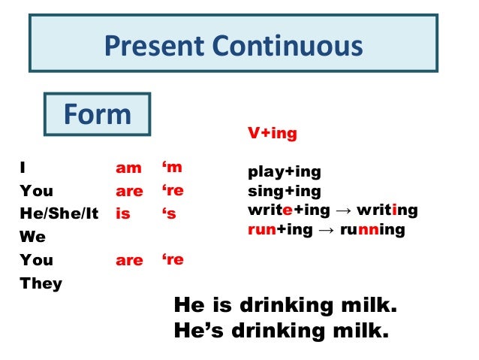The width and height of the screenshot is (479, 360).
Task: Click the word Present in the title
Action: click(x=154, y=46)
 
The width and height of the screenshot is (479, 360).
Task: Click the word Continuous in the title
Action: click(x=288, y=46)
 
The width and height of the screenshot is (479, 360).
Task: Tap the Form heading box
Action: click(x=97, y=113)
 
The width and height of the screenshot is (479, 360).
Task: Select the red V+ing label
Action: click(x=273, y=133)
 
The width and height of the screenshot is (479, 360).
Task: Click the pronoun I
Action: click(x=23, y=168)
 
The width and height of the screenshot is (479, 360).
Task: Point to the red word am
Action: click(x=128, y=168)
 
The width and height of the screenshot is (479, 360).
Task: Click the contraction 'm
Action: click(x=172, y=168)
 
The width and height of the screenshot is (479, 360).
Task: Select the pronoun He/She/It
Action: click(x=59, y=213)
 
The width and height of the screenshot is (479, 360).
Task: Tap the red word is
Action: click(x=123, y=213)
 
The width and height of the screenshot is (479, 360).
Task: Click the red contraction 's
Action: click(x=169, y=213)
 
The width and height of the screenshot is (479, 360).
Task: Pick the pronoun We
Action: click(x=33, y=237)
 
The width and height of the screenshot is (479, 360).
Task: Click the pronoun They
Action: click(x=41, y=283)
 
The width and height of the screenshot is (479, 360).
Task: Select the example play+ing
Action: click(x=285, y=172)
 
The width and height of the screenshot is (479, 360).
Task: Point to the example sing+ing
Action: click(x=285, y=192)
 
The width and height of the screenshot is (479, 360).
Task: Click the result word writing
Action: click(x=387, y=210)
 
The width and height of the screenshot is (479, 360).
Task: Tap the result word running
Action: click(x=372, y=230)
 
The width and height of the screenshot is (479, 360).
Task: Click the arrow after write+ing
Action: click(x=343, y=211)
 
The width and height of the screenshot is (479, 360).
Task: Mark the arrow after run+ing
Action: click(x=327, y=230)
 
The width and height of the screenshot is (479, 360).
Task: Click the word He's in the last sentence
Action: click(x=199, y=331)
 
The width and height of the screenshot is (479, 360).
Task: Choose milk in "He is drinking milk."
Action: click(x=369, y=305)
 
